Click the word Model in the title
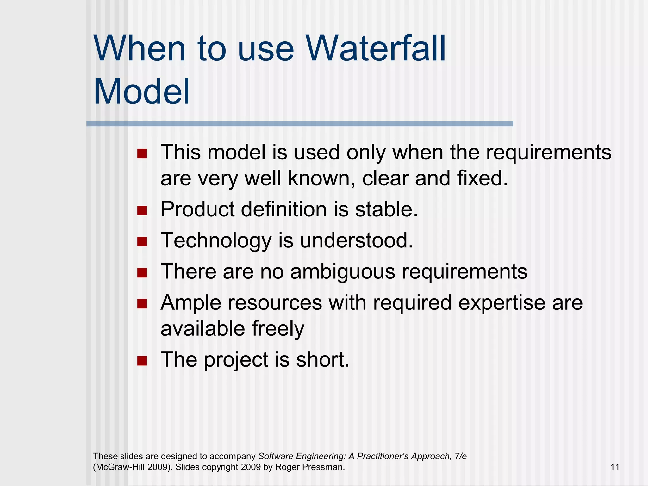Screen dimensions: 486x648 point(142,92)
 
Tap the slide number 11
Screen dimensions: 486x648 point(614,467)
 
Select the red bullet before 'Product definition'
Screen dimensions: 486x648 point(142,210)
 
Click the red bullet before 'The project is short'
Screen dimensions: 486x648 point(142,361)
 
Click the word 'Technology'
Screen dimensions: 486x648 point(216,241)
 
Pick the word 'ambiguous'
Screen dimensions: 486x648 point(342,272)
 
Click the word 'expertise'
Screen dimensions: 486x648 point(502,303)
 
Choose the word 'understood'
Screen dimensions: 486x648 point(356,241)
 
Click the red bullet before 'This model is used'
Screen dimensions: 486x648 point(142,154)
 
